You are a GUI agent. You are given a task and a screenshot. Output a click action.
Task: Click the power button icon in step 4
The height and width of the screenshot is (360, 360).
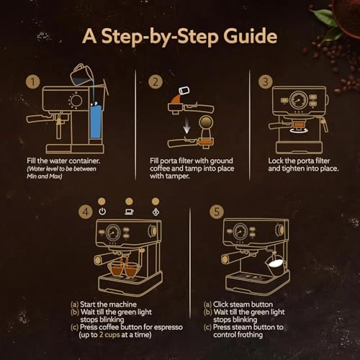click(x=102, y=212)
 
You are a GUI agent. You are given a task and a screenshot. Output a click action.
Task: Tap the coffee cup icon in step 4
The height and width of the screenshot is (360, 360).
click(x=130, y=212)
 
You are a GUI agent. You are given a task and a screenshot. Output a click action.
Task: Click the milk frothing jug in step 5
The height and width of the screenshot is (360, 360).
click(x=275, y=264)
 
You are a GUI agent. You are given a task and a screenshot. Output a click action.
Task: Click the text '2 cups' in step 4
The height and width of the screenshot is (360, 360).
click(x=128, y=336)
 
